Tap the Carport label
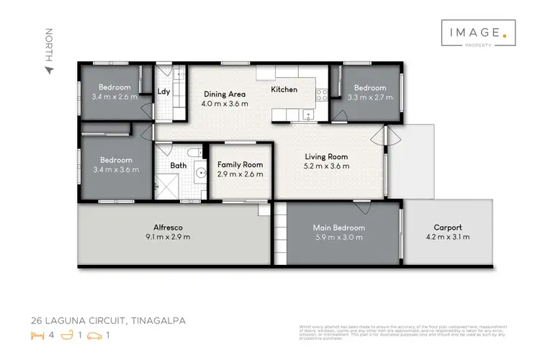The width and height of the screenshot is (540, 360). click(x=448, y=228)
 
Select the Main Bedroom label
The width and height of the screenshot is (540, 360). click(x=338, y=228)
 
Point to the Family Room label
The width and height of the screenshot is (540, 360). click(x=240, y=164)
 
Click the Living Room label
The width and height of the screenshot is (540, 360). click(x=326, y=156)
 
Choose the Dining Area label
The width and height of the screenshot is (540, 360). click(x=226, y=94)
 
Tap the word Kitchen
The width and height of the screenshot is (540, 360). click(x=284, y=90)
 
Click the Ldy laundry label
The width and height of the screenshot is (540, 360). click(x=163, y=91)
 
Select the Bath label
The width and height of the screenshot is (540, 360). click(x=178, y=166)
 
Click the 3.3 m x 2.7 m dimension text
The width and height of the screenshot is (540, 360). click(x=371, y=96)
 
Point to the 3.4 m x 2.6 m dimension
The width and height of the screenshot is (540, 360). click(x=114, y=96)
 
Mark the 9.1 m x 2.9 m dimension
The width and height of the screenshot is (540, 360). click(x=166, y=236)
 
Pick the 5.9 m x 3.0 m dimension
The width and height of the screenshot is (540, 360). click(x=338, y=237)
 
